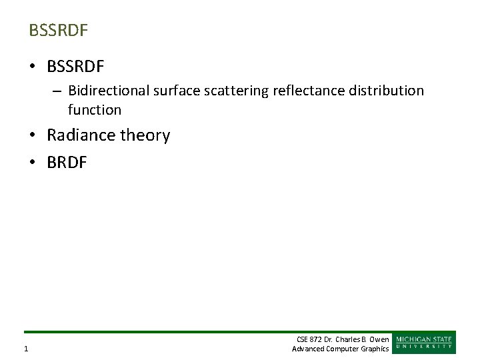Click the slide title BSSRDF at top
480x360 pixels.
tap(59, 31)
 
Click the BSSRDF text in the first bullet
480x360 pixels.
tap(76, 67)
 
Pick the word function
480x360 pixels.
tap(95, 110)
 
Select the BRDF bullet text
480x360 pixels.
tap(67, 163)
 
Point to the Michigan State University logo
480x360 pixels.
tap(425, 342)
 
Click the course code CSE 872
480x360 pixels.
tap(309, 339)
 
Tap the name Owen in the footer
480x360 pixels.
tap(379, 339)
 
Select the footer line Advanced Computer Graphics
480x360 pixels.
tap(340, 349)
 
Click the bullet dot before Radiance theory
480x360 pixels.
tap(33, 136)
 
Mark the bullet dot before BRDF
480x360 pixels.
tap(33, 163)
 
